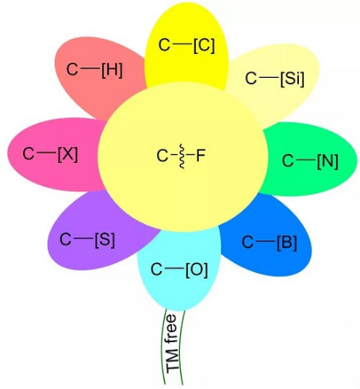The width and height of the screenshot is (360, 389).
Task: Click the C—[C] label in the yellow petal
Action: point(186,45)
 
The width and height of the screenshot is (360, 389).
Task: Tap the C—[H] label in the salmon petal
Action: point(94,70)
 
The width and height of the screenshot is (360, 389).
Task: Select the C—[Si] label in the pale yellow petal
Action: point(274,78)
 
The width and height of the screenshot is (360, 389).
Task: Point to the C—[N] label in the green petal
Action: point(310,160)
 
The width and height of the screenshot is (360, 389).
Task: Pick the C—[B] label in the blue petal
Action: point(270,242)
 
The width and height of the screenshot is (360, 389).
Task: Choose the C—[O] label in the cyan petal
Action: point(179,269)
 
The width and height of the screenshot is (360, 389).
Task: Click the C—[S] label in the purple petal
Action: point(87,240)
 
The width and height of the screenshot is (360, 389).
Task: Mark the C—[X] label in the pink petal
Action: point(50,153)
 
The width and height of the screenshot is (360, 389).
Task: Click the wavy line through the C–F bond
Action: point(182,156)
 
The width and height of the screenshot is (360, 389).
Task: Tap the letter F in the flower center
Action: point(201,156)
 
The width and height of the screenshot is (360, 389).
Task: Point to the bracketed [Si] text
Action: point(293,79)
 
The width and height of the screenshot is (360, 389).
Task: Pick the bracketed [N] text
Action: point(327,161)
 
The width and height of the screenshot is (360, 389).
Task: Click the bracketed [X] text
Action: point(68,154)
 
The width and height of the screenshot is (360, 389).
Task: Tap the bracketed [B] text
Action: point(287,242)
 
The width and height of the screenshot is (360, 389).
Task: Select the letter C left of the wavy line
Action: point(162,156)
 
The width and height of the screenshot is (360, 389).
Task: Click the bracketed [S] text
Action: point(105,240)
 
